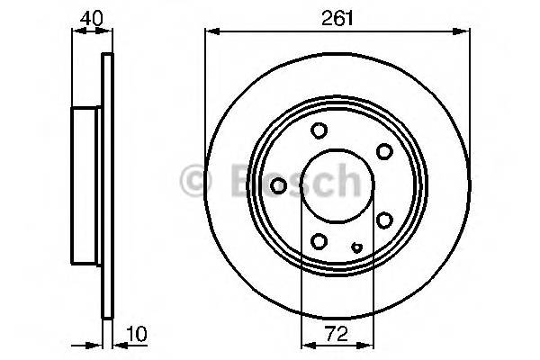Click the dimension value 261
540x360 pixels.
pyautogui.click(x=337, y=16)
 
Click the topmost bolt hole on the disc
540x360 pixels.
pyautogui.click(x=319, y=131)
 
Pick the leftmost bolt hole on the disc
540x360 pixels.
pyautogui.click(x=279, y=185)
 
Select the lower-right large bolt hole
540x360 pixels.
pyautogui.click(x=383, y=220)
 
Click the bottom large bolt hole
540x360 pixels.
pyautogui.click(x=319, y=240)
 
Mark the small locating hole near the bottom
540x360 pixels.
pyautogui.click(x=357, y=247)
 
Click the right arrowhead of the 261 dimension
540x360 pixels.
pyautogui.click(x=465, y=32)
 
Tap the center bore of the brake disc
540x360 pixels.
pyautogui.click(x=334, y=185)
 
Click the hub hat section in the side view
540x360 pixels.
pyautogui.click(x=87, y=185)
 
